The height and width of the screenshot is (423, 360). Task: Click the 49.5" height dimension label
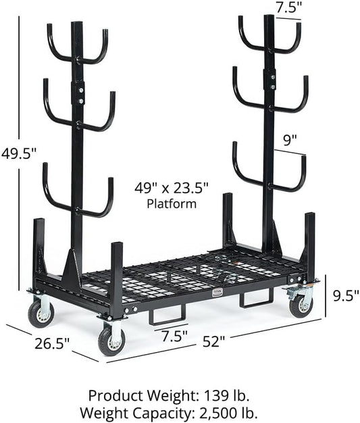19,154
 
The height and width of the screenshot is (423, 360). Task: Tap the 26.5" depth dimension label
52,343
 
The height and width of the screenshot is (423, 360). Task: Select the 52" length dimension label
213,342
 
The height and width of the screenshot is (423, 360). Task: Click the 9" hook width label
290,141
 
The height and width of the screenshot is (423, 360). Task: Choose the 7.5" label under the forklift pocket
174,336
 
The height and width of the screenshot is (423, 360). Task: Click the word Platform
172,204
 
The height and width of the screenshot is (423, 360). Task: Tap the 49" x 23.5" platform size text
172,188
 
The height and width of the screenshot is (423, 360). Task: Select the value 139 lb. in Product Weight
226,396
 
